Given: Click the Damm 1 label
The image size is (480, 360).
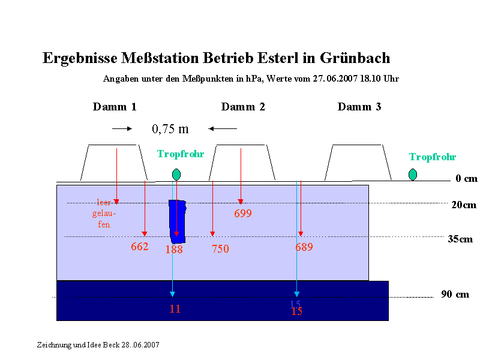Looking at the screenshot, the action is (115, 107).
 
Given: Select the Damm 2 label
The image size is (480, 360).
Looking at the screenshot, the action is (243, 107).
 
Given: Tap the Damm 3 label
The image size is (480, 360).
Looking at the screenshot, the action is (359, 107).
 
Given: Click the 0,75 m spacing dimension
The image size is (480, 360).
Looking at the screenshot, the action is (170, 129).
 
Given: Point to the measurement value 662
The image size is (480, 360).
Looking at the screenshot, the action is (140, 247).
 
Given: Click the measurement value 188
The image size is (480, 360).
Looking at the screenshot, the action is (174, 249).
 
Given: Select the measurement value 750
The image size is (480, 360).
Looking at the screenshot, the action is (220, 248).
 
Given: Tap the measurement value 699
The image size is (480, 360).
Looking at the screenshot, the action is (243, 213).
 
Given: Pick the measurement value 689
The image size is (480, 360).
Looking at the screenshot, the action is (304, 247).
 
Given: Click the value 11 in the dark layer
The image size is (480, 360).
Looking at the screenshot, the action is (175, 308).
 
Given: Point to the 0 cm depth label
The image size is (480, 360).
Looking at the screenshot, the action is (466, 178).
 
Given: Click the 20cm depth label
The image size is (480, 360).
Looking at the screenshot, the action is (464, 205).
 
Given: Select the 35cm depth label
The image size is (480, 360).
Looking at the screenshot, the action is (460, 239).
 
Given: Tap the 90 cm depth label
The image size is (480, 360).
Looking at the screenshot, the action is (455, 294).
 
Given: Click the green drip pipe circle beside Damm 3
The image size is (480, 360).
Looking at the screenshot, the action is (413, 175).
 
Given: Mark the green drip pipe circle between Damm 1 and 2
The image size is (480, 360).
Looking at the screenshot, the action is (176, 175).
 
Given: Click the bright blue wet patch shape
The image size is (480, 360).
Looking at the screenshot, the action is (178, 221).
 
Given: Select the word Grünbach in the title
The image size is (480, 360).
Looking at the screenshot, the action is (355, 58).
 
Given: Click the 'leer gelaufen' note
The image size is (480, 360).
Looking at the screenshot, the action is (104, 214).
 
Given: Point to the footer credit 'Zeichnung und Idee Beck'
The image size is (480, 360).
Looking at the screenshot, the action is (78, 344).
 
